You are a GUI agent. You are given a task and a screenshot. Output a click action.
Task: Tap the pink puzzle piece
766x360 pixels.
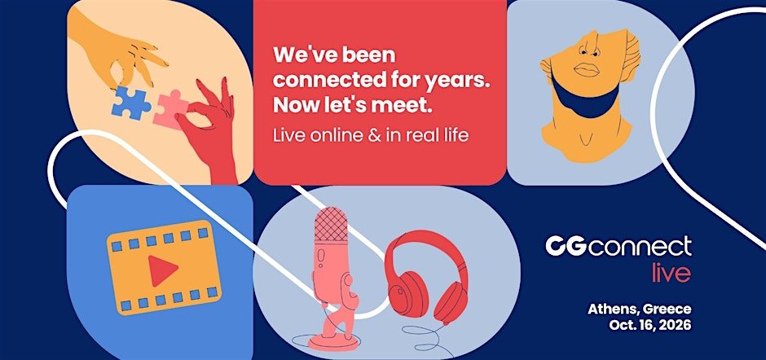[x=171, y=110]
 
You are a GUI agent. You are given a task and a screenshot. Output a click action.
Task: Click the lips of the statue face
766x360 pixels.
[x=586, y=69]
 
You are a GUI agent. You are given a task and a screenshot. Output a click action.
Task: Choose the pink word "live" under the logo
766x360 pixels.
[x=671, y=273]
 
